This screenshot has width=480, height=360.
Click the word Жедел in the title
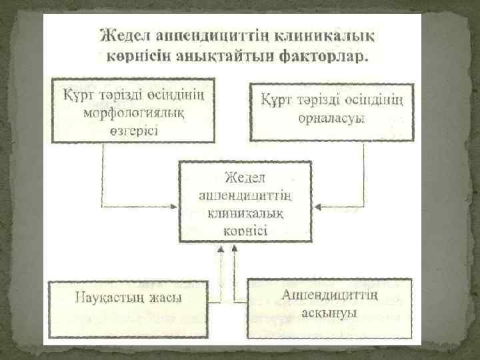[x=125, y=33]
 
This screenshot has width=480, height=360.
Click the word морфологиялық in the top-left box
[x=133, y=111]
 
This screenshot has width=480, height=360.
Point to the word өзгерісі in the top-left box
[x=133, y=128]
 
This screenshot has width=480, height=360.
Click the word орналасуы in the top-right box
[x=331, y=118]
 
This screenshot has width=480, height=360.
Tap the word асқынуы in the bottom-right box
[x=329, y=311]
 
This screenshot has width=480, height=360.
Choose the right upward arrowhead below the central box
[x=233, y=247]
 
